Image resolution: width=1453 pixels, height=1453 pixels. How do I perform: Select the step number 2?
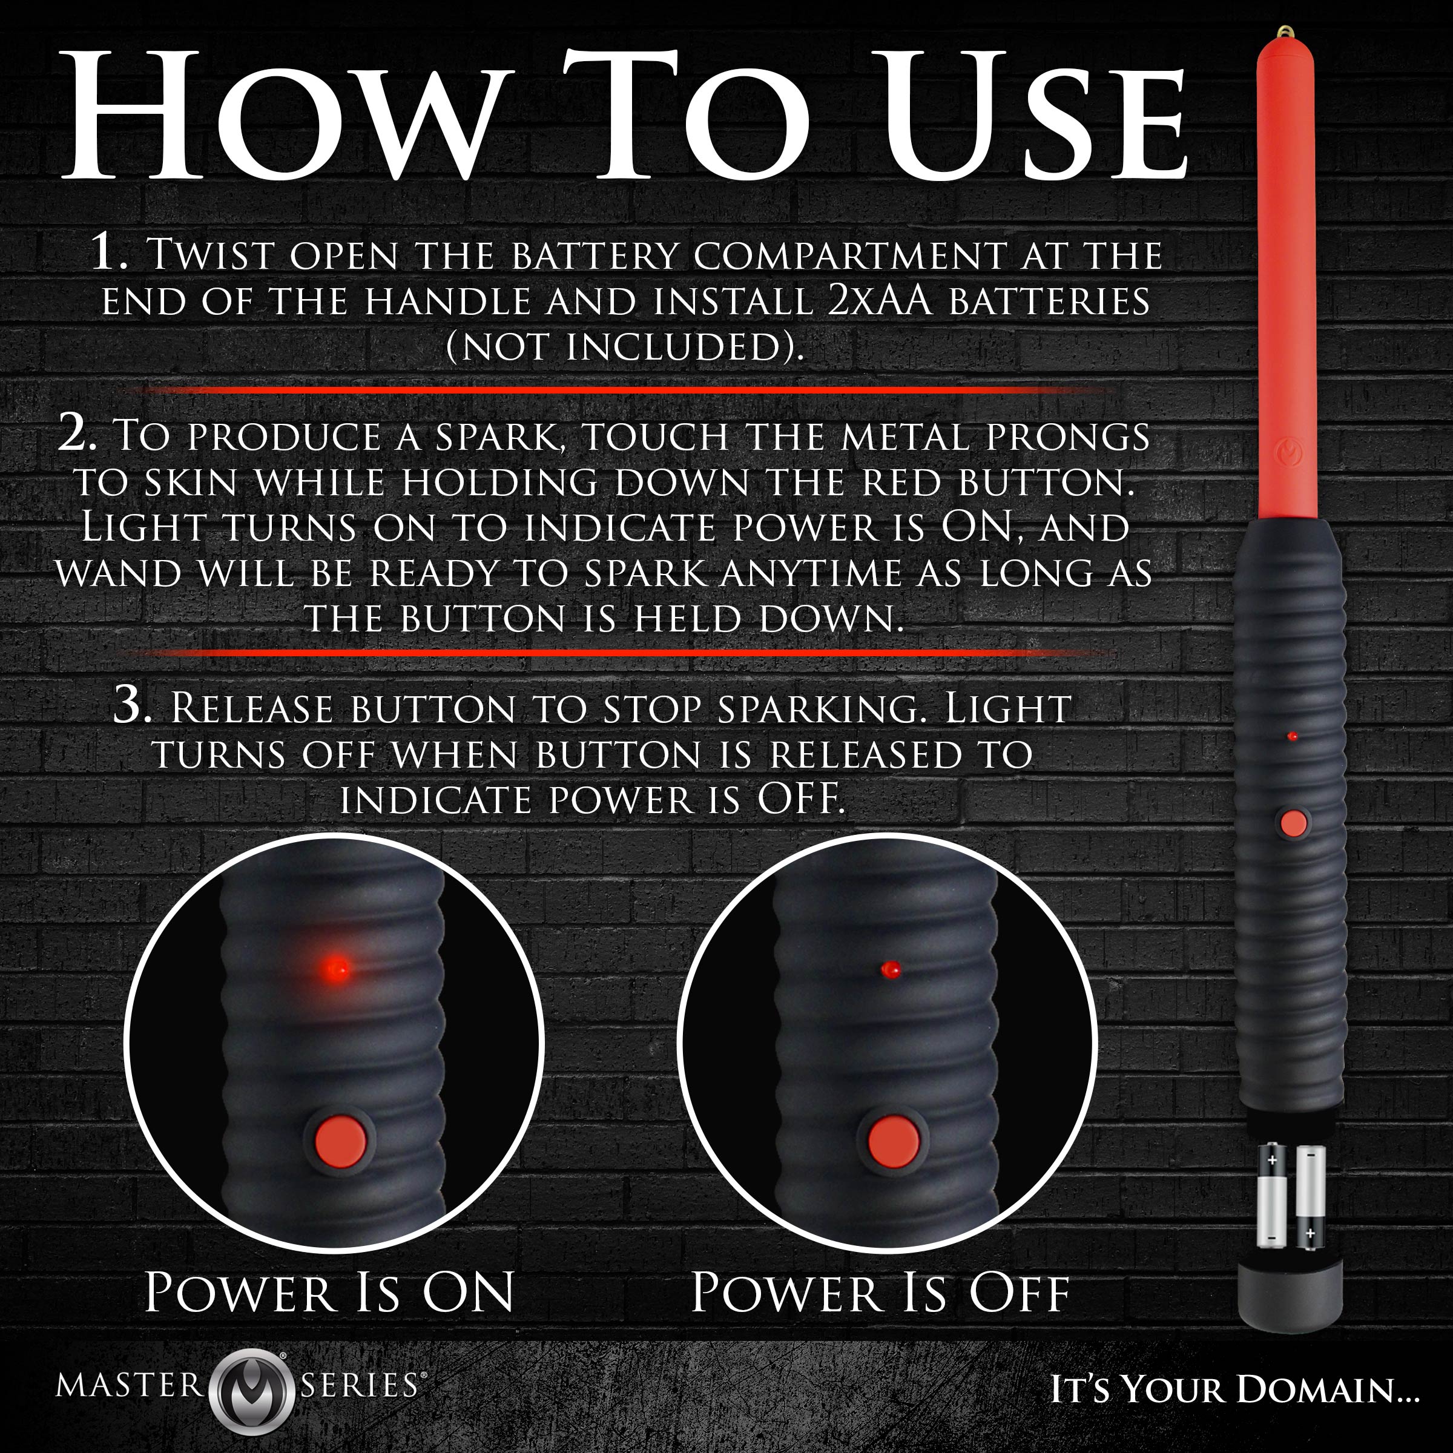pos(77,434)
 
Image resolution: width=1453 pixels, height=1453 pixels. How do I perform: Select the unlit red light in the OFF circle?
pos(891,969)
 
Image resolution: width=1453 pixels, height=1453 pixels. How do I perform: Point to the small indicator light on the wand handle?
pos(1293,736)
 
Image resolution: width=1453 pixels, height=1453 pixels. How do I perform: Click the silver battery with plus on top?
pos(1272,1196)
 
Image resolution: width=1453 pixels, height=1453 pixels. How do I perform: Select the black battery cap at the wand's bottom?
pos(1290,1294)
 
